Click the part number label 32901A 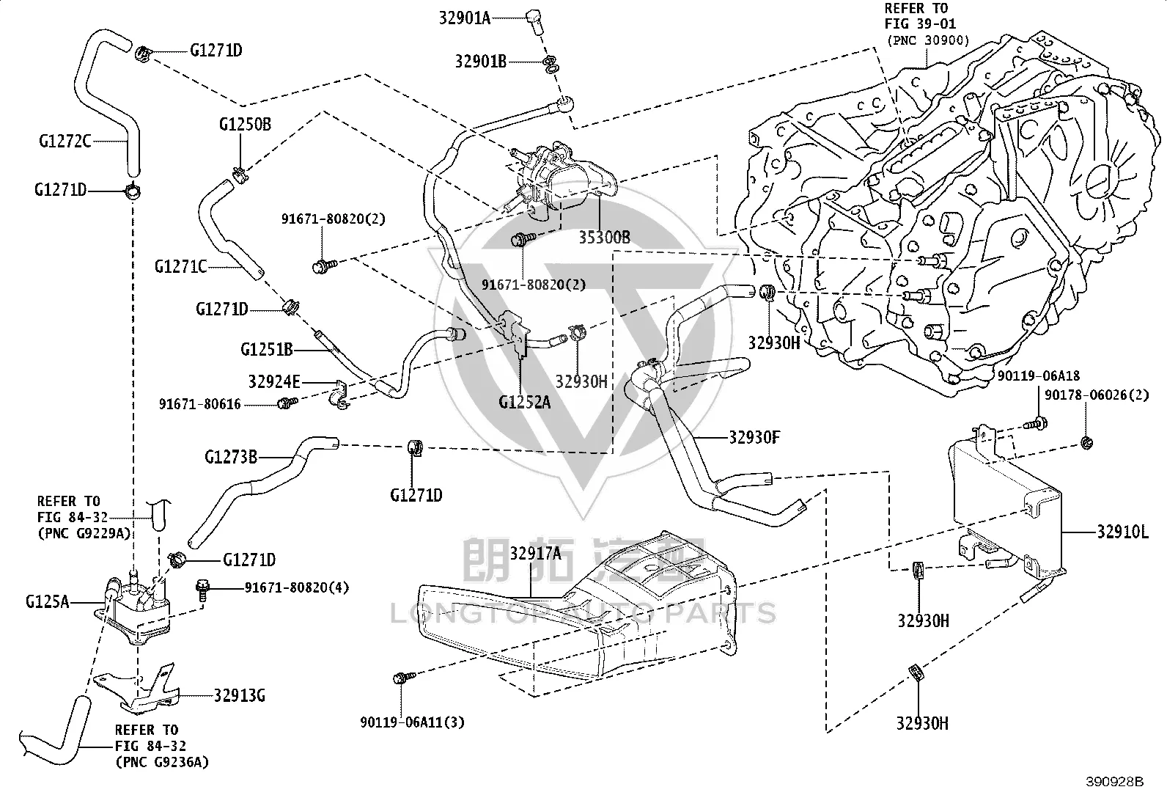[465, 18]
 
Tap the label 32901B [481, 62]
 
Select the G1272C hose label [65, 142]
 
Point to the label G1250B [245, 125]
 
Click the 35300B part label [604, 238]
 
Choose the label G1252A [525, 402]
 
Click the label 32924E [274, 382]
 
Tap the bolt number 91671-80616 [200, 404]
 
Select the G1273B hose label [231, 457]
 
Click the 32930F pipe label [754, 437]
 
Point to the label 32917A [536, 553]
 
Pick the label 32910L [1123, 532]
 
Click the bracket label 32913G [240, 695]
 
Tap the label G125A [48, 602]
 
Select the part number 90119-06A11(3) [412, 722]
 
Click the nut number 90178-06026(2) [1097, 395]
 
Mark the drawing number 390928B [1115, 782]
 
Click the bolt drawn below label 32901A [534, 21]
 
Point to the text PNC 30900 [928, 40]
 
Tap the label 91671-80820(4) [297, 587]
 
